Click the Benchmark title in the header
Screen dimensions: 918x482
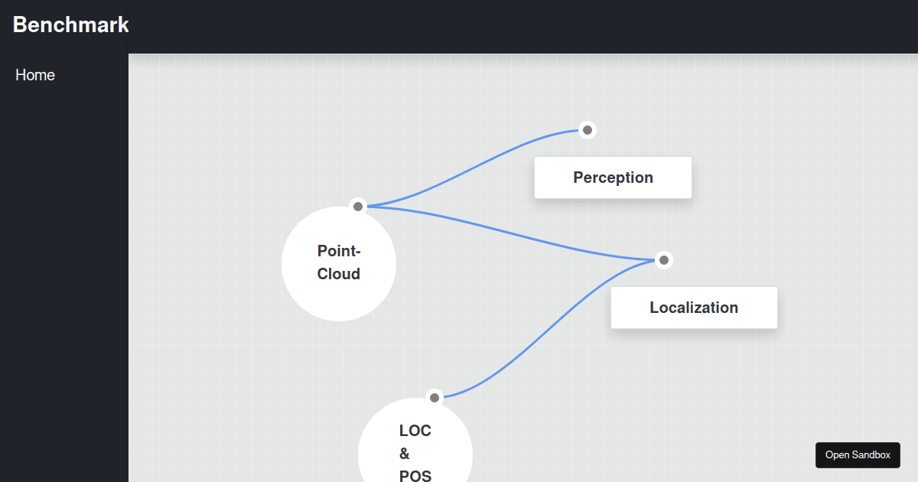coord(71,24)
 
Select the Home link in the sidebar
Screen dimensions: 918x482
coord(35,75)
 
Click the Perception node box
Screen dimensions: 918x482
coord(613,177)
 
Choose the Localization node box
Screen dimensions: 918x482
coord(694,308)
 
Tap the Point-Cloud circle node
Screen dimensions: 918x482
coord(338,263)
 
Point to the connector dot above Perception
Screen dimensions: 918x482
coord(588,130)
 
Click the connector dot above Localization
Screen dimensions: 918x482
coord(664,260)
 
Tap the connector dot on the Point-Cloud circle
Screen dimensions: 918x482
coord(358,206)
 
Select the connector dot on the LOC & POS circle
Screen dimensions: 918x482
coord(435,397)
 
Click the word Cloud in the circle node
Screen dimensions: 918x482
coord(338,274)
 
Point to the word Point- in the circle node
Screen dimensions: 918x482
coord(339,251)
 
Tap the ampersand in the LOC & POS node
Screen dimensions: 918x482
coord(404,454)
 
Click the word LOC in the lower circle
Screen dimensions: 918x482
coord(415,431)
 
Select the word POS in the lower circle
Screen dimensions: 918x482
coord(415,475)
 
